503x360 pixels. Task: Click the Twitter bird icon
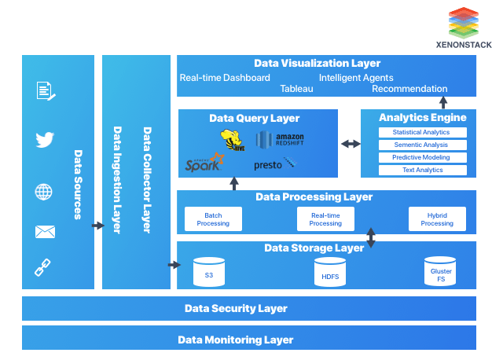tap(45, 141)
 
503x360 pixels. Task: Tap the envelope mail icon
tap(45, 231)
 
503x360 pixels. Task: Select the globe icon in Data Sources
tap(44, 192)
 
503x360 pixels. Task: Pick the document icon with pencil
tap(46, 91)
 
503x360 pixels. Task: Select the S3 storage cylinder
tap(209, 272)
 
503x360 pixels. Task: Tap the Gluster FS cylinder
tap(441, 272)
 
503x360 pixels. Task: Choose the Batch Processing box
tap(213, 219)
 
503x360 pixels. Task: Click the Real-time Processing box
tap(325, 219)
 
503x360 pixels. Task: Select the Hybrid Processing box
tap(437, 219)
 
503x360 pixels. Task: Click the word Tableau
tap(296, 89)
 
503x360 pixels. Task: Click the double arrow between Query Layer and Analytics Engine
tap(350, 144)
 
